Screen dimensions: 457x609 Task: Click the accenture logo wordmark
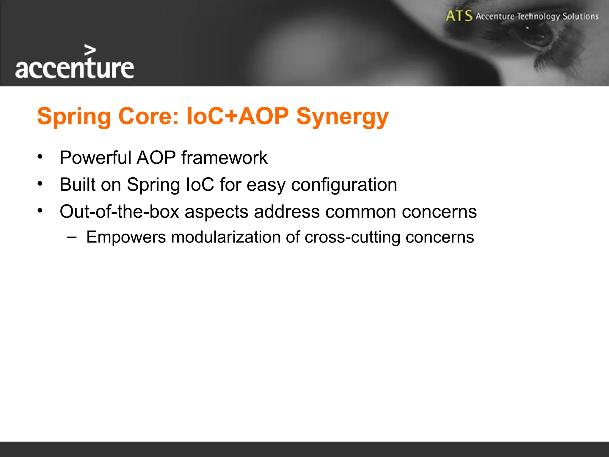coord(74,68)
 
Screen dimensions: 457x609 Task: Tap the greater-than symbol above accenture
coord(90,50)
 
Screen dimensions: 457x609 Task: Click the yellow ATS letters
coord(459,16)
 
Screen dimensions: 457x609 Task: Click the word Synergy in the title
coord(342,116)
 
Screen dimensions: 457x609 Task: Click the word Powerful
coord(95,157)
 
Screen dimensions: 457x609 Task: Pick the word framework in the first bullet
coord(224,157)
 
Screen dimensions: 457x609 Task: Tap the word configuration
coord(344,185)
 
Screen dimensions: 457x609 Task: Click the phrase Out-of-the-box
coord(119,212)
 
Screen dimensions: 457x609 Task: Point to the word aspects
coord(216,212)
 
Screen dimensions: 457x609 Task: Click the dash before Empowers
coord(72,237)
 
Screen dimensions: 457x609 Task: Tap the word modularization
coord(226,237)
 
